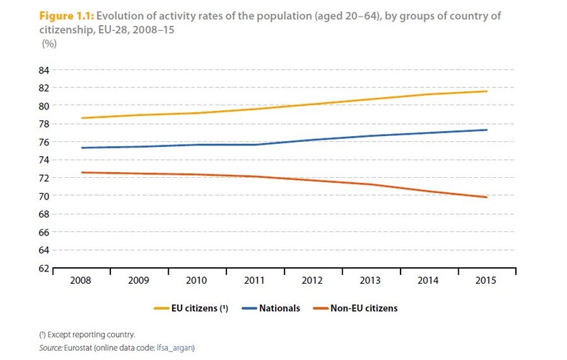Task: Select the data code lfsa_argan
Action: (x=178, y=347)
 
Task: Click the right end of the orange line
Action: (x=488, y=197)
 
